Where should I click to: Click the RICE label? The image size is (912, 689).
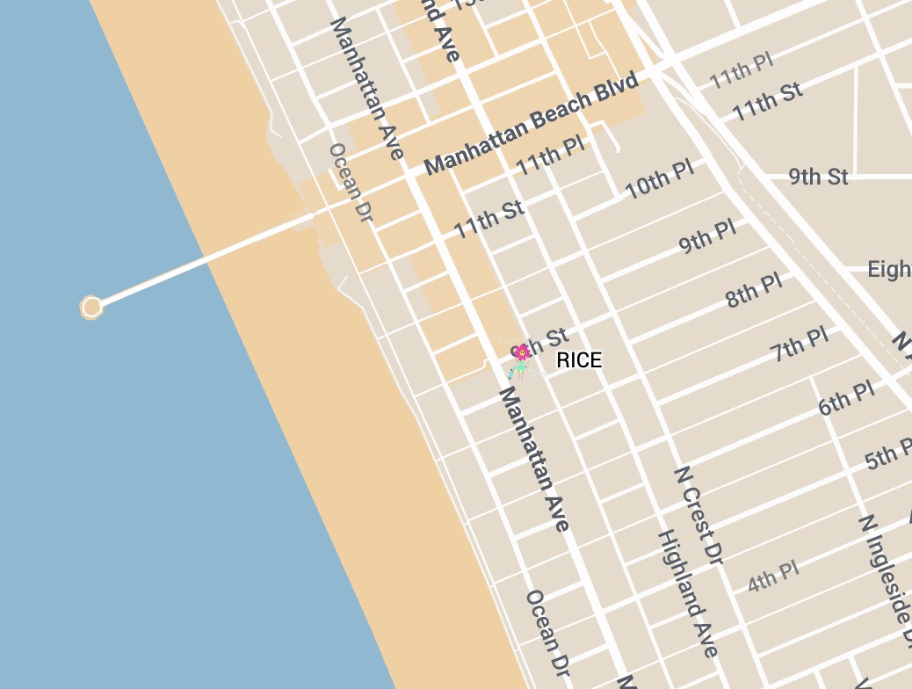579,360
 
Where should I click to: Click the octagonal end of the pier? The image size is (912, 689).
91,307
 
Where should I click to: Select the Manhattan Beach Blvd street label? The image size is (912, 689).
531,124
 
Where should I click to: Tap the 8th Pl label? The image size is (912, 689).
754,290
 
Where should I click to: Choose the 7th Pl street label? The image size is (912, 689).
799,344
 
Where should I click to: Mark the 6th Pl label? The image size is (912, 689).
846,398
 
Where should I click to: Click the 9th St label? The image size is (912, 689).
818,177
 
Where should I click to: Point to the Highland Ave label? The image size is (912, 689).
688,593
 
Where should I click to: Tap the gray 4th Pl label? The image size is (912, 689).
773,577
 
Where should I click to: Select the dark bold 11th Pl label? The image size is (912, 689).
550,155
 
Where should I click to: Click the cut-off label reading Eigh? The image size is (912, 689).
889,269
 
